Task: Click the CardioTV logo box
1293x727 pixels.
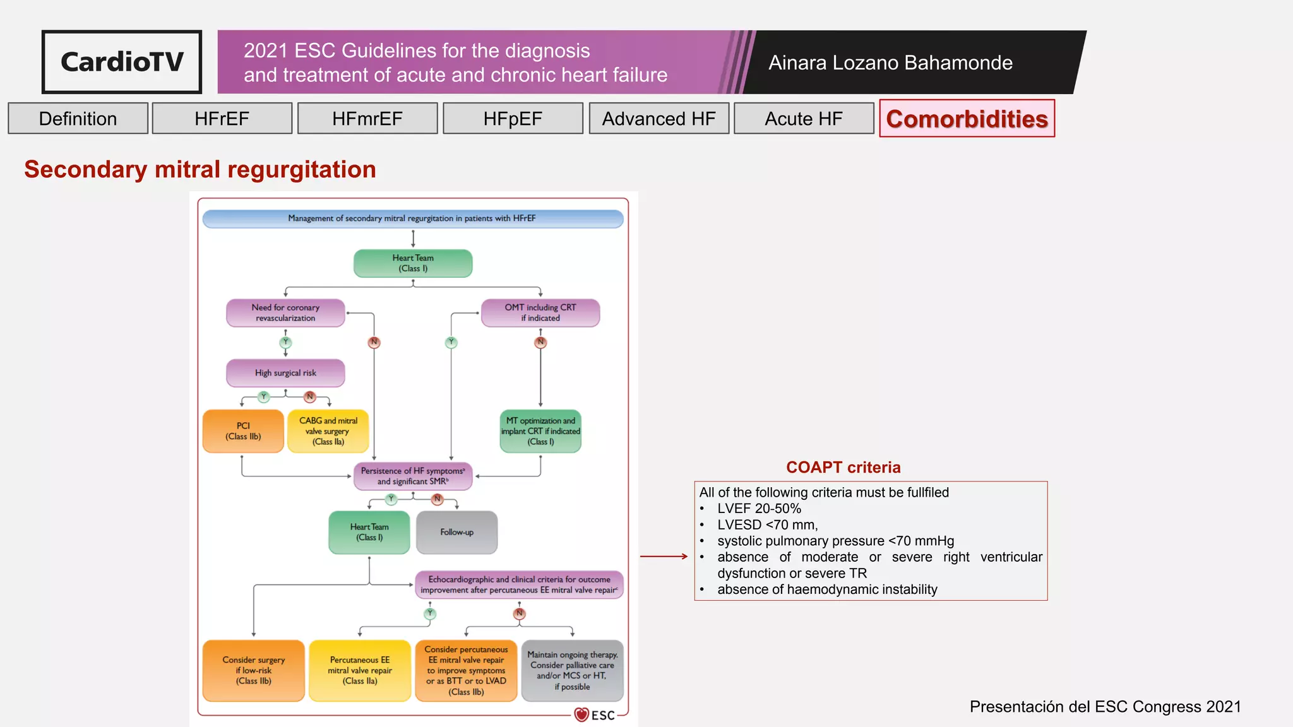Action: (122, 62)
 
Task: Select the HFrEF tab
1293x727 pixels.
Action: (222, 119)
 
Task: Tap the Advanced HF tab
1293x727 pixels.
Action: (658, 119)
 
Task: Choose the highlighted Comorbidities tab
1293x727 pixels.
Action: (967, 119)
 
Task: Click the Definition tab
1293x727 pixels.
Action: (78, 119)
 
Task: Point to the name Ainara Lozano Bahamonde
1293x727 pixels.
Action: (890, 62)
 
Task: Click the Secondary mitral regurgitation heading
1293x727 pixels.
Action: (200, 169)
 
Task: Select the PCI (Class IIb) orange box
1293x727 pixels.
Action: (243, 431)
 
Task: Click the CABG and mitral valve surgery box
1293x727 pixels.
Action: (328, 431)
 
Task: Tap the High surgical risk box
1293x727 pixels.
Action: (285, 373)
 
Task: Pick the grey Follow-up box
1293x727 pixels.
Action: (456, 532)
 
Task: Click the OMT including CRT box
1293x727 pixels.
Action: (540, 312)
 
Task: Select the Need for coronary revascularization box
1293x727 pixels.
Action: (285, 312)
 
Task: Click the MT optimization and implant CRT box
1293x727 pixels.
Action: (540, 431)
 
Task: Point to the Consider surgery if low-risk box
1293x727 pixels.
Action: (253, 670)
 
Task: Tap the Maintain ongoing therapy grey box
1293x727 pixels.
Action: (572, 670)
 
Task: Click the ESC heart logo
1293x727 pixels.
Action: (581, 714)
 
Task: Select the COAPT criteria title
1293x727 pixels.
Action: (843, 467)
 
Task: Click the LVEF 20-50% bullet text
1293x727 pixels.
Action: (759, 509)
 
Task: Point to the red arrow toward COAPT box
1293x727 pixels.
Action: (664, 556)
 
